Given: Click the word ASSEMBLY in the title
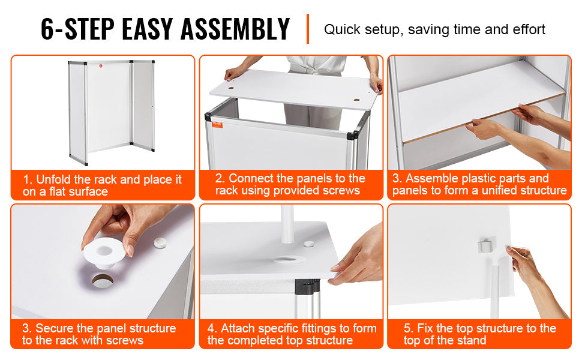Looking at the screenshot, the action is point(235,29).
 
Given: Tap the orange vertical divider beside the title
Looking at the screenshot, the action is point(308,29).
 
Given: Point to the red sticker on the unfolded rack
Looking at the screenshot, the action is point(100,67).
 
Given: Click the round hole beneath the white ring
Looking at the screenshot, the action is point(103,281).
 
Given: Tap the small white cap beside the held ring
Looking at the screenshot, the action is point(160,243).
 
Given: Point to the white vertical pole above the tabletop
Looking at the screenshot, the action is point(287,224).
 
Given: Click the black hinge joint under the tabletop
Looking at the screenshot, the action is point(307,285).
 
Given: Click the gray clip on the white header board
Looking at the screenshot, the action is point(485,245).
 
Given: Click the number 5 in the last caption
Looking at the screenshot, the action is point(408,328).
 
